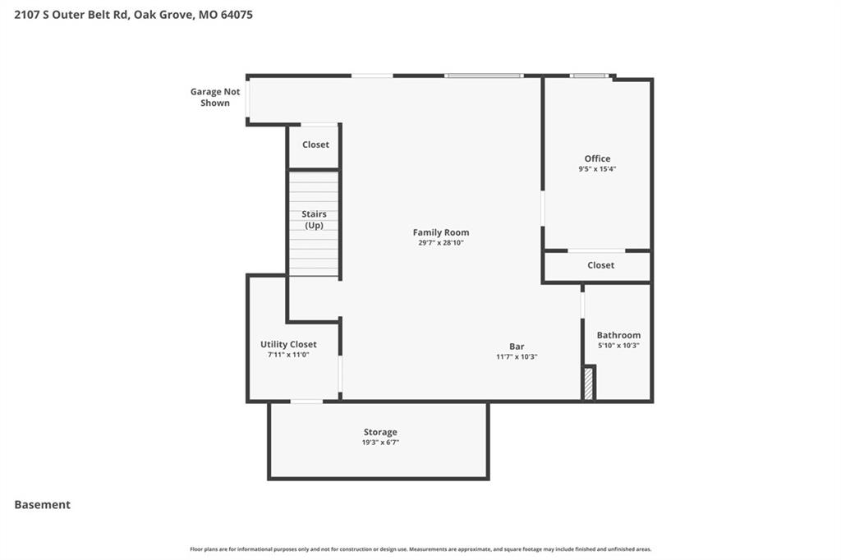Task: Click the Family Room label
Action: (x=441, y=232)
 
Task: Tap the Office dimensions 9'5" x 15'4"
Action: (x=597, y=169)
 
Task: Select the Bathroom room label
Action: (x=618, y=335)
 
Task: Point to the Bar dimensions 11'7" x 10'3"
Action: (x=517, y=356)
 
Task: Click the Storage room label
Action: (x=380, y=433)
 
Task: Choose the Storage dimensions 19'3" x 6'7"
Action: (x=380, y=443)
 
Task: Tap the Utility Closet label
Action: (x=288, y=344)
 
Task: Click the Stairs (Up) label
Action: (x=314, y=219)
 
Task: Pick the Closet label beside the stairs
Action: (x=315, y=145)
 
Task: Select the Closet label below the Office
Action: (x=600, y=265)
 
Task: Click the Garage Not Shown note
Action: (x=215, y=97)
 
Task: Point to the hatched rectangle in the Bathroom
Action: (x=589, y=383)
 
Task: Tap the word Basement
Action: (x=43, y=505)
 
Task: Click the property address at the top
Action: (x=134, y=15)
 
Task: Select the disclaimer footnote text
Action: (x=420, y=549)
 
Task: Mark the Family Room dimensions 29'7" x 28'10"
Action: (x=441, y=243)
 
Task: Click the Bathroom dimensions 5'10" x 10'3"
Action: (x=618, y=346)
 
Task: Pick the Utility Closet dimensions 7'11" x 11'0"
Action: (x=288, y=355)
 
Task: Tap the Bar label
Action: (x=517, y=347)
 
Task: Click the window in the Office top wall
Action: (x=589, y=76)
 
